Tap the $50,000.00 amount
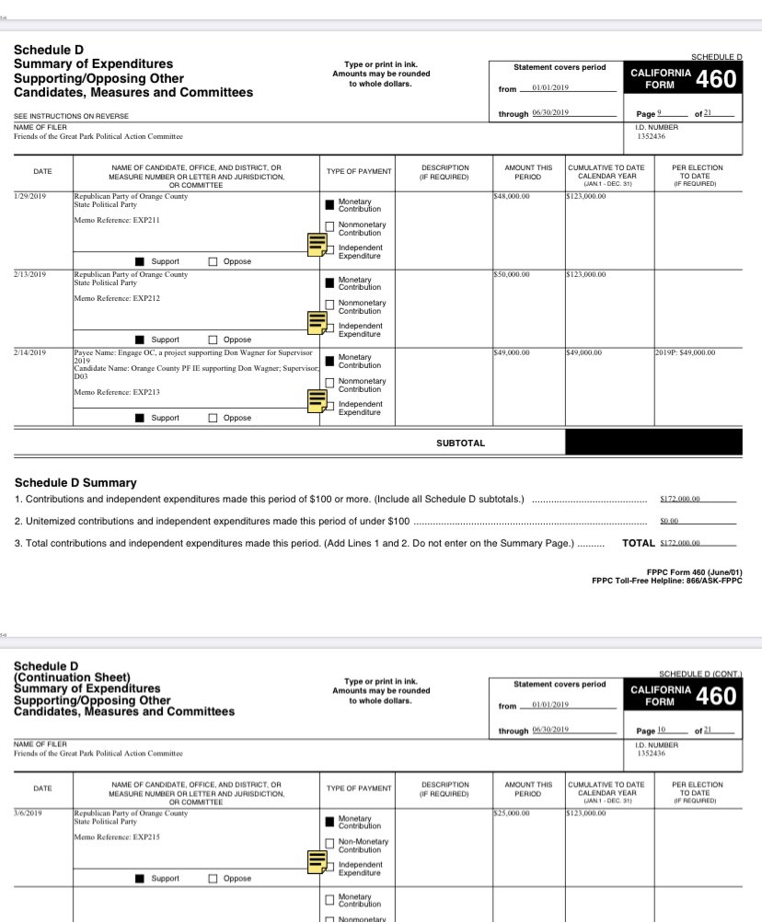click(513, 274)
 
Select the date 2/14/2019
click(32, 352)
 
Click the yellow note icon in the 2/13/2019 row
click(317, 322)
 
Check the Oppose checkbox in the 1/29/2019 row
click(214, 261)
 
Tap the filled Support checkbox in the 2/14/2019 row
click(140, 418)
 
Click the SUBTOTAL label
click(460, 444)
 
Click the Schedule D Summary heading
click(75, 482)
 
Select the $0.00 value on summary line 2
click(668, 521)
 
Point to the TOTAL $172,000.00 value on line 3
click(681, 544)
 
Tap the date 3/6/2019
click(29, 813)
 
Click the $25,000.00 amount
click(513, 813)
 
